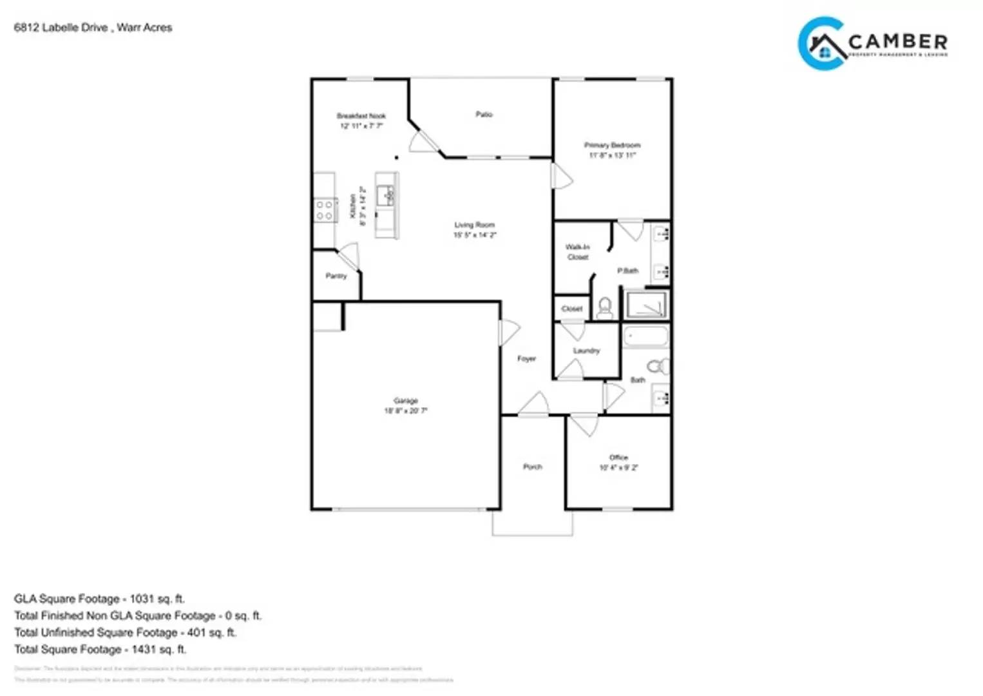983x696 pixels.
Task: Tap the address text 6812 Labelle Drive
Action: [x=61, y=28]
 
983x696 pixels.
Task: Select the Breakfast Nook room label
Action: [x=361, y=116]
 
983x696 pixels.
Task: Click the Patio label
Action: [x=484, y=114]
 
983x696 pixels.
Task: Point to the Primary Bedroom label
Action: [x=612, y=145]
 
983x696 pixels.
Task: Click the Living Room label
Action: [x=475, y=225]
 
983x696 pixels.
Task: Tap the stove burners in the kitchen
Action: [x=324, y=210]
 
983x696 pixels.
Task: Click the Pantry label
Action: [x=336, y=276]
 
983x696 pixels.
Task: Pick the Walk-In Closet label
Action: [x=577, y=252]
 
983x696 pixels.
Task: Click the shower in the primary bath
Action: [x=646, y=305]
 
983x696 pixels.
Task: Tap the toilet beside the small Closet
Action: [x=605, y=307]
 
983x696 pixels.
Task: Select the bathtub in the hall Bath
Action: [x=646, y=336]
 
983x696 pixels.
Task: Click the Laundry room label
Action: [x=586, y=351]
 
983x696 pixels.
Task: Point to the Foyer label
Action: [x=526, y=358]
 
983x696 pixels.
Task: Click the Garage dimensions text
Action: [x=406, y=411]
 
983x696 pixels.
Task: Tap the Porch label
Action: [x=532, y=467]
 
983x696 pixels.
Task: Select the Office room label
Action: [x=618, y=458]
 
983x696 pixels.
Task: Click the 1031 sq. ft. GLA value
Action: [x=157, y=599]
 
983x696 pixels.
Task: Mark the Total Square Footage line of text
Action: [x=100, y=649]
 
